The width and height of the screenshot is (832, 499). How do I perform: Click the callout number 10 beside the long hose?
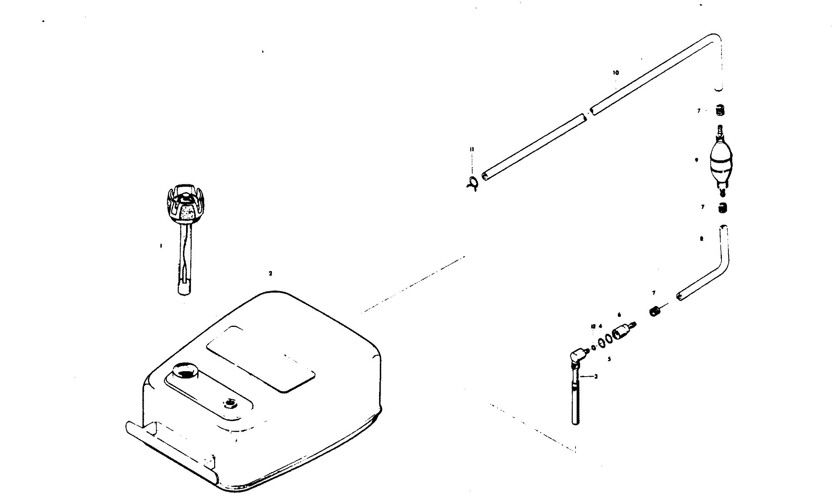coord(616,73)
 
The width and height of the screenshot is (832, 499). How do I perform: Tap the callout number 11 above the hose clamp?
coord(472,149)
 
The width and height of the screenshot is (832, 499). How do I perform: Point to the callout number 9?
coord(696,160)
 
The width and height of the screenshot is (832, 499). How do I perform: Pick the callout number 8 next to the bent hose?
coord(701,239)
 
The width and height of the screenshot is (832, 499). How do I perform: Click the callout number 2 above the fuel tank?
coord(270,273)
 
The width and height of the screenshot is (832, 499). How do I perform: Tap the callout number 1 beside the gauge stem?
coord(161,245)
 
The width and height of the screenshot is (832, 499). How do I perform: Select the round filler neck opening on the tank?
coord(185,372)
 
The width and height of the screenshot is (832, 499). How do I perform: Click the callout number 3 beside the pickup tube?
coord(595,376)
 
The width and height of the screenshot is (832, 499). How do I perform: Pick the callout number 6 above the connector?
coord(619,315)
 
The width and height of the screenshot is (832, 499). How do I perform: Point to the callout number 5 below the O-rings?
coord(609,359)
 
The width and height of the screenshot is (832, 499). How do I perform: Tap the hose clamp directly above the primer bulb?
coord(720,111)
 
